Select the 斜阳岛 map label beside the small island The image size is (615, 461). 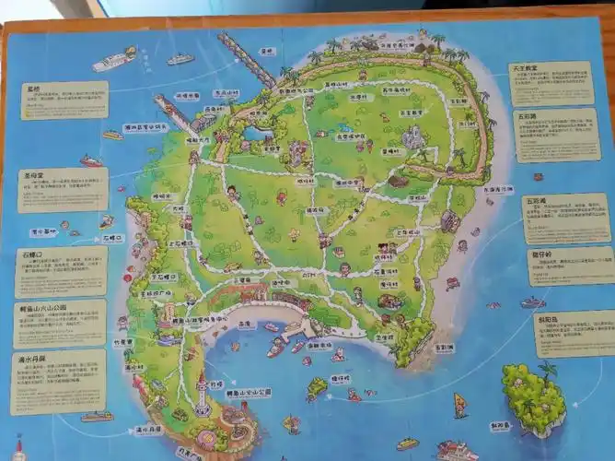500,426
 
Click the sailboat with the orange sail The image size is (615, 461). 459,404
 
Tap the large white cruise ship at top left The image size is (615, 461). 113,61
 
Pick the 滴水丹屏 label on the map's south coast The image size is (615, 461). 148,429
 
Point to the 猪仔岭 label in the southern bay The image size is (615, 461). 341,379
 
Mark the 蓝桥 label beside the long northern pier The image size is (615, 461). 267,53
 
